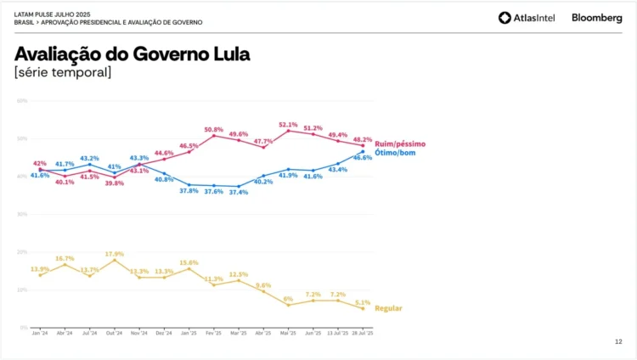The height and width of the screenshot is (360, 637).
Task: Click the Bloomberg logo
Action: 596,18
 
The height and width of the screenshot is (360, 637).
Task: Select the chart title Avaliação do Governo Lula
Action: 132,54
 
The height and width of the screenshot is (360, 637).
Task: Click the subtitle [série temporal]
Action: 62,73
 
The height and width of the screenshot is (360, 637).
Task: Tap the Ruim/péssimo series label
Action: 400,144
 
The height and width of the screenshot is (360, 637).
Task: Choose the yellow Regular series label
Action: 388,308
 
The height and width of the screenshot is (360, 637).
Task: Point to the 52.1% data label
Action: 288,124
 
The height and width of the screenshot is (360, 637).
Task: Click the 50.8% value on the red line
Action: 214,129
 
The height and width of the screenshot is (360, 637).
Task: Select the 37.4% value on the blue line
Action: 239,192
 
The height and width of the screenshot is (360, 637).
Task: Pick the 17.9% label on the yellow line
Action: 115,253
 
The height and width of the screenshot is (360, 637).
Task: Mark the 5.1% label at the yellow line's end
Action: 363,302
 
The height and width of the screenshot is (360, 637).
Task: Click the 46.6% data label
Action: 363,158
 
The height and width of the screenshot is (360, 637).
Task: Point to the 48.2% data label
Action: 363,139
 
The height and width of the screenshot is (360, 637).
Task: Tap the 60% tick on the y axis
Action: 22,100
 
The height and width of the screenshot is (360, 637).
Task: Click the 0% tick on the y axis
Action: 24,327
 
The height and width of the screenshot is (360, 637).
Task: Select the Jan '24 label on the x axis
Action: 39,334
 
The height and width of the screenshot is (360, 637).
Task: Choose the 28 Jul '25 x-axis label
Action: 363,334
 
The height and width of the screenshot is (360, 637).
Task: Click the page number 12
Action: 617,341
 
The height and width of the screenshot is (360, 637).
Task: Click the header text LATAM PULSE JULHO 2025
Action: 52,14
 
